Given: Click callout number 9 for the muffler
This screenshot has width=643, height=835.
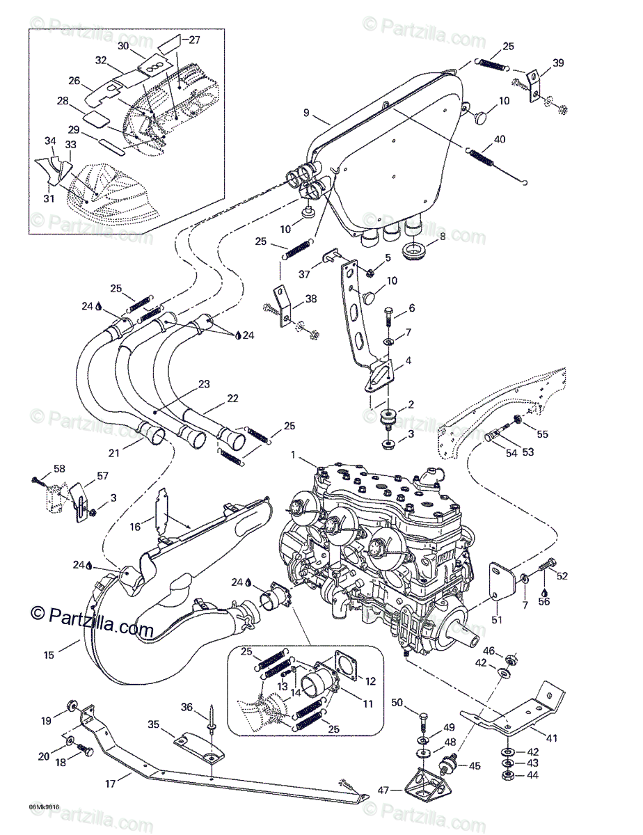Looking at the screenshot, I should click(x=305, y=113).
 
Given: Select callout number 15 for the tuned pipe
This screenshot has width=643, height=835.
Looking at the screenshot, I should click(x=48, y=655).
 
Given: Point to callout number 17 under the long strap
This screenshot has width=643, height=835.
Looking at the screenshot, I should click(x=110, y=784).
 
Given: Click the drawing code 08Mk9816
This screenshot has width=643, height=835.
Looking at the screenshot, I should click(x=43, y=808).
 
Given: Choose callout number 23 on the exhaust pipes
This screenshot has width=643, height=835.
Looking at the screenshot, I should click(x=204, y=385).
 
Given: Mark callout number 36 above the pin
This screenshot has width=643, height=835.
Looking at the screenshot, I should click(x=187, y=708).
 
